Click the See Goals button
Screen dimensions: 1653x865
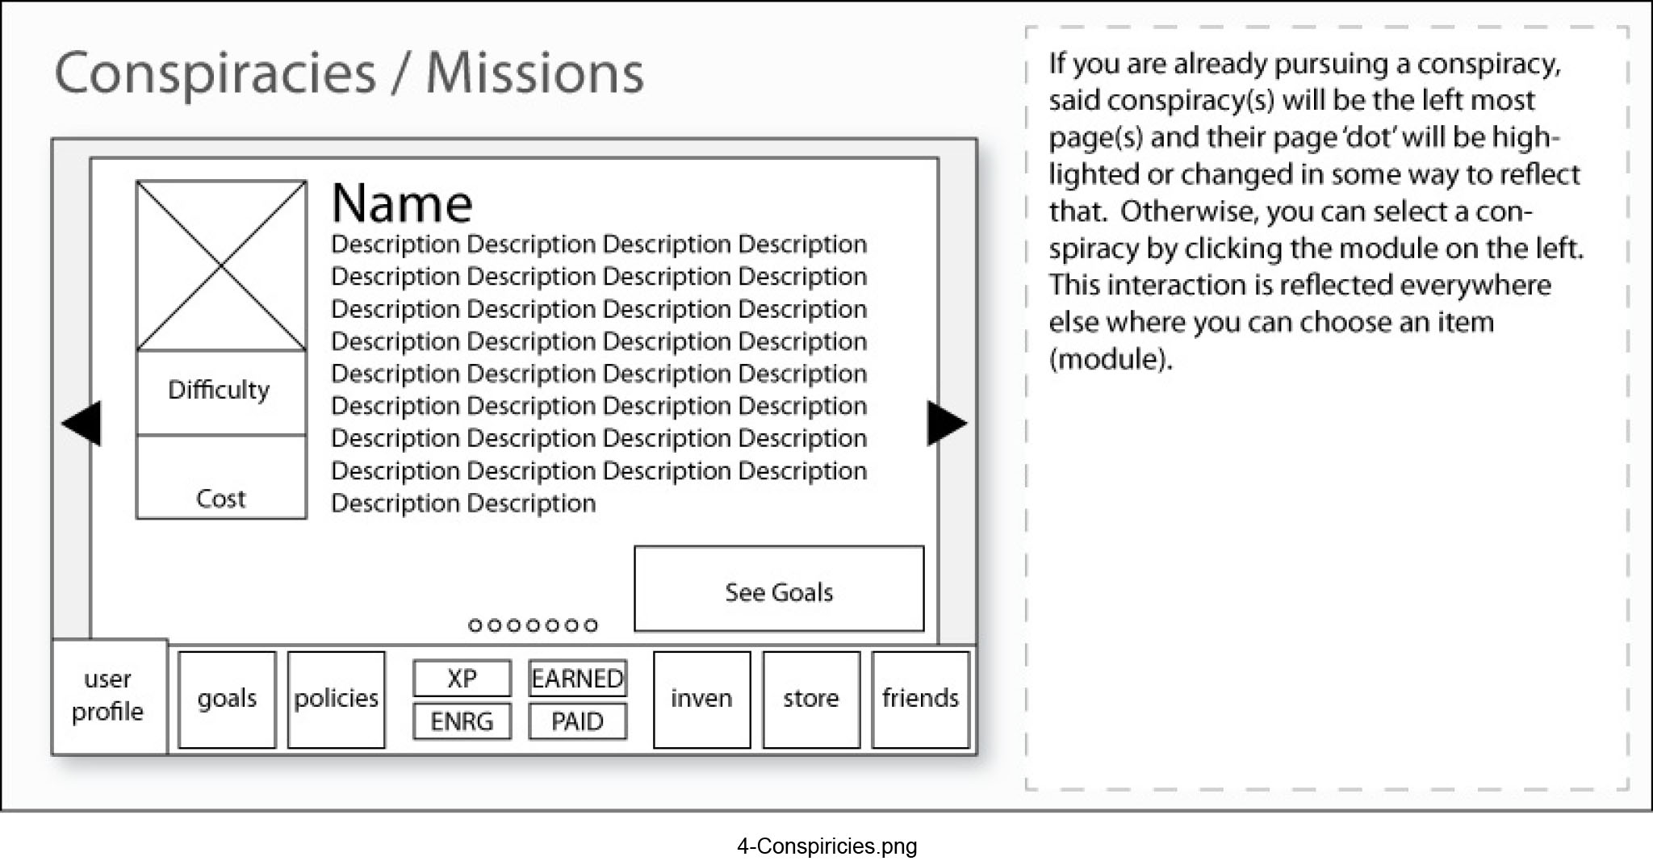pos(779,588)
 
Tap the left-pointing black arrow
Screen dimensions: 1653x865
pos(82,423)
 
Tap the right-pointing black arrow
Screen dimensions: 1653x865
pos(947,423)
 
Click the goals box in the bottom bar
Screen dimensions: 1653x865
pos(227,700)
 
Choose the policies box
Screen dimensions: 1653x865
pos(336,700)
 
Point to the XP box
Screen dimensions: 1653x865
pos(462,678)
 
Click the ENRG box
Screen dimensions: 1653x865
pos(462,721)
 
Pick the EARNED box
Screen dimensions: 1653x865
pos(577,678)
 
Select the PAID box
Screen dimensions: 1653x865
pos(577,721)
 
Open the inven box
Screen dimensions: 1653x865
pos(701,700)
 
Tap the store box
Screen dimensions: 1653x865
pos(811,700)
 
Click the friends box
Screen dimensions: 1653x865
pos(920,700)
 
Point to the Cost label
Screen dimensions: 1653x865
pos(221,499)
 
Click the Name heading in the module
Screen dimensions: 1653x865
pos(402,203)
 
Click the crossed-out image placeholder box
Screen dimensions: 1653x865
pos(221,265)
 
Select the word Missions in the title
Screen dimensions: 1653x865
pos(534,73)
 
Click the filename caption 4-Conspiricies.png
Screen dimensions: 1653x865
pos(826,846)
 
